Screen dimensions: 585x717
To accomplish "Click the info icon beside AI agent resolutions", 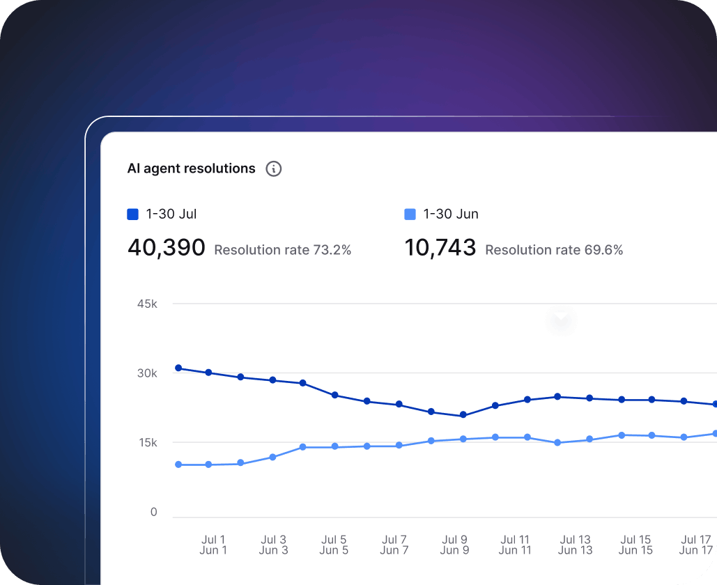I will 274,169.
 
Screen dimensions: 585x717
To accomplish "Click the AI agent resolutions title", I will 191,169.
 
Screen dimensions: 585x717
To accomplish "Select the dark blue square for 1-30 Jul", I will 133,214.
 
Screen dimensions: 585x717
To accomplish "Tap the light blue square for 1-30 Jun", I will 410,214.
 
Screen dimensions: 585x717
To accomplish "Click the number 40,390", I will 167,248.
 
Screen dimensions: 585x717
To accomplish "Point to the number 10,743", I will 440,248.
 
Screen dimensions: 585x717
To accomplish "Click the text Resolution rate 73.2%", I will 283,250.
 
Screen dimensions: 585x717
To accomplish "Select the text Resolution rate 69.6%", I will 554,250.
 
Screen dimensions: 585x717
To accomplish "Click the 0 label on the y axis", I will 154,513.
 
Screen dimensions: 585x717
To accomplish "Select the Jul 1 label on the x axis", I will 213,540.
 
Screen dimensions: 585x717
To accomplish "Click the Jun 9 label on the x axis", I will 455,551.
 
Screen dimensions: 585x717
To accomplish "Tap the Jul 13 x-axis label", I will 576,540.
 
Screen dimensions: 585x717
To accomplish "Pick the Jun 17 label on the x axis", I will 696,551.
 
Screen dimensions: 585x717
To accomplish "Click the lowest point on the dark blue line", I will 463,416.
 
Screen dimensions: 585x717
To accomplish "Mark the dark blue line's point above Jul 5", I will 334,395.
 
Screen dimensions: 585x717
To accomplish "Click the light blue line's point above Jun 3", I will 272,458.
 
